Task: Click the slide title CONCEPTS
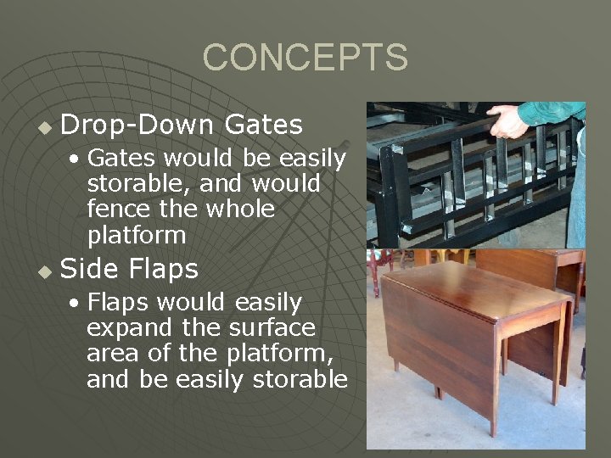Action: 305,58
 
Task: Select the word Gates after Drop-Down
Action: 264,126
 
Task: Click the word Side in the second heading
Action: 91,269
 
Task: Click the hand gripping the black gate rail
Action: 507,121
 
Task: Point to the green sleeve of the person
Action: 552,112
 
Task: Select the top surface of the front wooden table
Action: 475,288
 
